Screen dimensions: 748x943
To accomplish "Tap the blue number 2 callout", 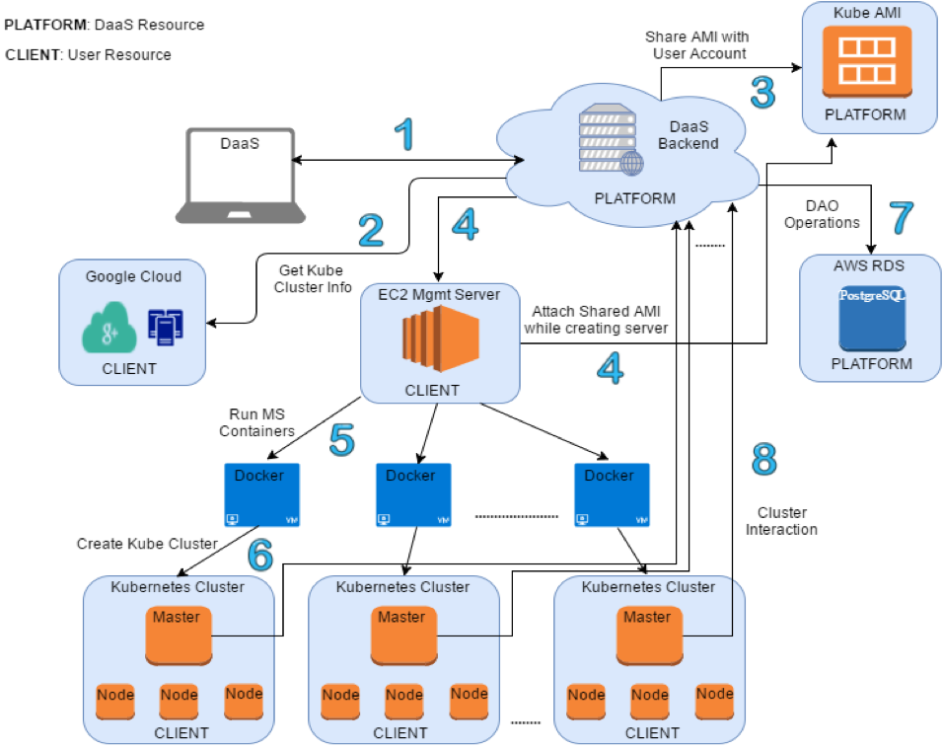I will [370, 229].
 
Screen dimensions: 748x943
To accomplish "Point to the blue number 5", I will [341, 440].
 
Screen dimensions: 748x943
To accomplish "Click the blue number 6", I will [260, 556].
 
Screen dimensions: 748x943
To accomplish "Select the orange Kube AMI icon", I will [869, 61].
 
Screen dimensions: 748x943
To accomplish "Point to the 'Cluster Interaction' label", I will [781, 521].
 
